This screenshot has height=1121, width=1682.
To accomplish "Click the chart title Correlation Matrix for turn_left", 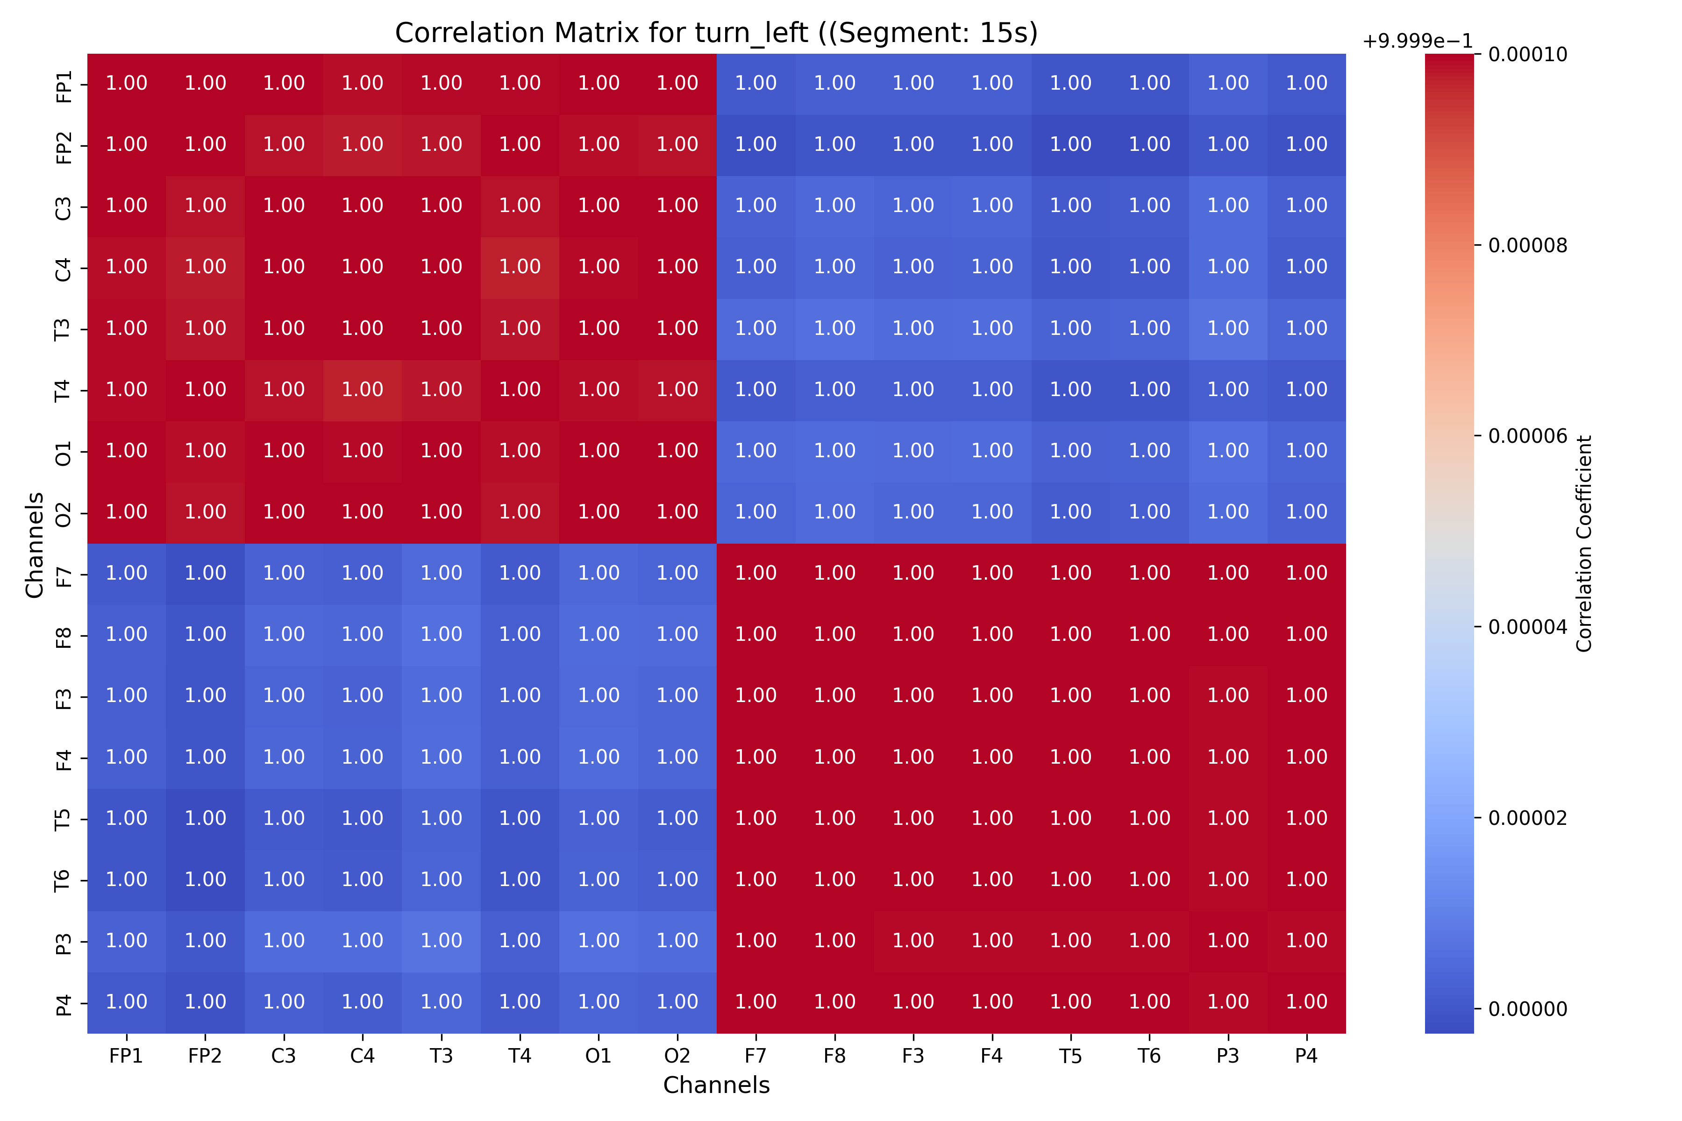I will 716,33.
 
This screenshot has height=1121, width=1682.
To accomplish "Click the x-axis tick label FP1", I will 127,1056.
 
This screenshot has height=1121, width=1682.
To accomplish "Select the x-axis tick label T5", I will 1070,1056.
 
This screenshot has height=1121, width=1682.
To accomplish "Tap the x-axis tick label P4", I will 1306,1056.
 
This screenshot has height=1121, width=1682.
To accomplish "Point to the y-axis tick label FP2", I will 64,146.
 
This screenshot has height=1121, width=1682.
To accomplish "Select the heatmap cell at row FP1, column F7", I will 756,84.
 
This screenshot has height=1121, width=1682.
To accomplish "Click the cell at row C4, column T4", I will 520,267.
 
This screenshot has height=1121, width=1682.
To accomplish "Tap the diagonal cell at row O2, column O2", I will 677,512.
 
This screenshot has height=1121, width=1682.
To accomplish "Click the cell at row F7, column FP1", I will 127,574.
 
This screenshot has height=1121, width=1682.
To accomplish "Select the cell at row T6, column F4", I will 992,880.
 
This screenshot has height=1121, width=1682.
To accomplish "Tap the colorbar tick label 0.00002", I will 1527,818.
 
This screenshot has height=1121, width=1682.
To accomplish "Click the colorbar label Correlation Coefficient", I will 1584,543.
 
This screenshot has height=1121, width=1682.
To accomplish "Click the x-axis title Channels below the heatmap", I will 716,1085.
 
